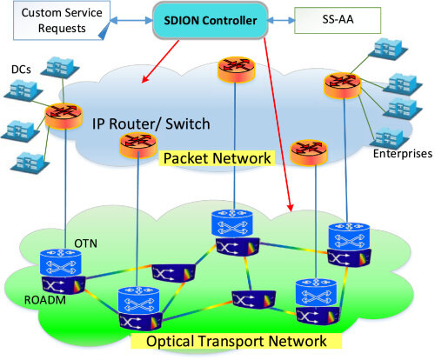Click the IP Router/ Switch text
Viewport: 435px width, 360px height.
click(151, 123)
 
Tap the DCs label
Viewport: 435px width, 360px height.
click(21, 68)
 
